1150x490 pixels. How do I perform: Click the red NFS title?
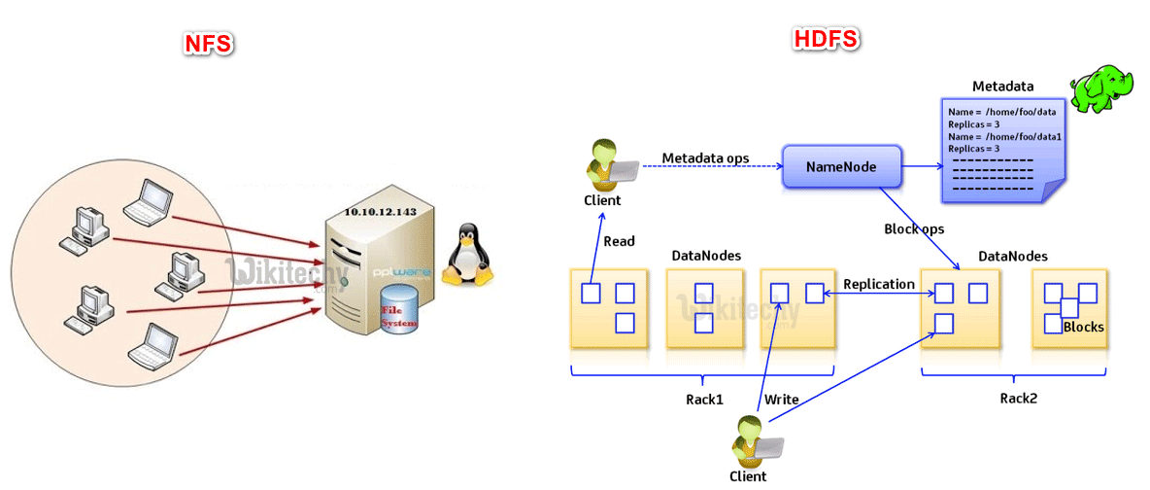[209, 44]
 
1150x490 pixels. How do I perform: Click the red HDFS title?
[825, 39]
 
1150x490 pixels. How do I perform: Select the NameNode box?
[841, 167]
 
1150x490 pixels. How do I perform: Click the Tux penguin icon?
[467, 256]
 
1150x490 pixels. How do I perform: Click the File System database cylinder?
[398, 308]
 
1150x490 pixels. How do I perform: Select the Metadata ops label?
[706, 157]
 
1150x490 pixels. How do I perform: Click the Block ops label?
[914, 229]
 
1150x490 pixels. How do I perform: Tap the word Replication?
[878, 284]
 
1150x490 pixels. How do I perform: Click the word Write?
[782, 399]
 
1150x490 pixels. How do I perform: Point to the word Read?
[620, 240]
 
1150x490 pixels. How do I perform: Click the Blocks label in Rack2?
[1083, 327]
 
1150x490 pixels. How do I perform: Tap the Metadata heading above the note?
[1002, 87]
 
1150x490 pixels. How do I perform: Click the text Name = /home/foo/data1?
[1004, 137]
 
